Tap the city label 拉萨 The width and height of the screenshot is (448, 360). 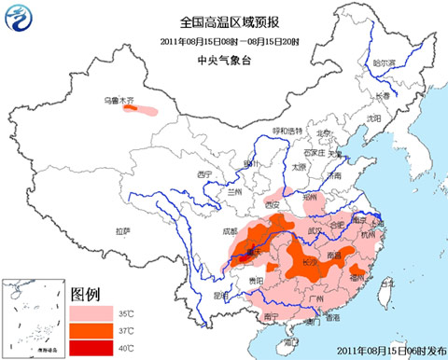pos(123,230)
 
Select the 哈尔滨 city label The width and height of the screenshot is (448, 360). pos(385,63)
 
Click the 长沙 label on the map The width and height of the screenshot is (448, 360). pos(309,262)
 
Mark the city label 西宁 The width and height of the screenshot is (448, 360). pos(205,173)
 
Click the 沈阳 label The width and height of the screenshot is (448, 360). pos(374,119)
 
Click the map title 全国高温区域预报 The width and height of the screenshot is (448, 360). pos(221,20)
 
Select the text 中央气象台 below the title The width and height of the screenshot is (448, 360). pos(221,59)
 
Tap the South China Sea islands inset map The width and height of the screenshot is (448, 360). pos(28,317)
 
